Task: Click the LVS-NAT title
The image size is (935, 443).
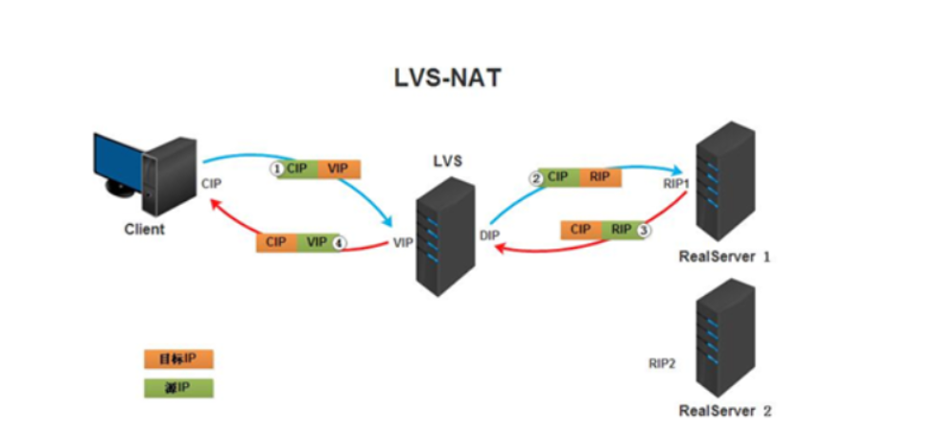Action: pyautogui.click(x=447, y=78)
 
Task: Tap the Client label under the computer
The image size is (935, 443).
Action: pyautogui.click(x=144, y=230)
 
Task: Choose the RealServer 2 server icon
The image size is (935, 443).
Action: pyautogui.click(x=725, y=337)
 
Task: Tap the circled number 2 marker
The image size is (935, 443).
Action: pyautogui.click(x=535, y=177)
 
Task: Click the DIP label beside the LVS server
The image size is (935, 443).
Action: pyautogui.click(x=489, y=233)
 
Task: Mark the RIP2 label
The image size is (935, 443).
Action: pyautogui.click(x=662, y=362)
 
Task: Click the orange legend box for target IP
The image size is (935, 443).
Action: pyautogui.click(x=178, y=360)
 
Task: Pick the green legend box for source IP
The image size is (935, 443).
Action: pyautogui.click(x=178, y=387)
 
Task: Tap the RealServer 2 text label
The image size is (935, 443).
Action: pyautogui.click(x=724, y=411)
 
